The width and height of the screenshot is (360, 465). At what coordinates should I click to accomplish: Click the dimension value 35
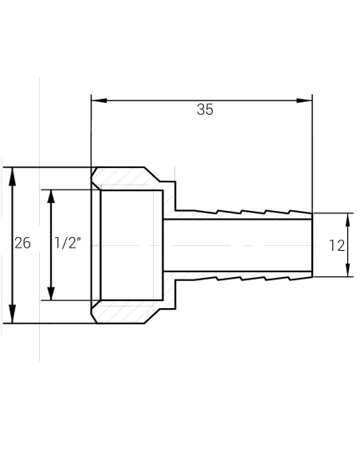pyautogui.click(x=205, y=111)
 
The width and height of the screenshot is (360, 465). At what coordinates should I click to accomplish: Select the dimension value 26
pyautogui.click(x=22, y=244)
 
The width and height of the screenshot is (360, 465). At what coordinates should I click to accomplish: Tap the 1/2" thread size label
pyautogui.click(x=68, y=244)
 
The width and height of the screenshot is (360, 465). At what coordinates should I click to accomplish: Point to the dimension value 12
pyautogui.click(x=337, y=245)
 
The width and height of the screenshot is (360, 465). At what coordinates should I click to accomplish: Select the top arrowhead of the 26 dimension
pyautogui.click(x=12, y=174)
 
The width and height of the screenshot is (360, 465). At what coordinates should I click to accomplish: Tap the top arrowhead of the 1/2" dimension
pyautogui.click(x=51, y=196)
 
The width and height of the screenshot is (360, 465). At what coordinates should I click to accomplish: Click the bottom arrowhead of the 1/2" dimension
pyautogui.click(x=51, y=295)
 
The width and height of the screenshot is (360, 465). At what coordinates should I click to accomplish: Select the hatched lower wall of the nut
pyautogui.click(x=127, y=312)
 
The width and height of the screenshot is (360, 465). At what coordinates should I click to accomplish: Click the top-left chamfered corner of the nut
pyautogui.click(x=95, y=173)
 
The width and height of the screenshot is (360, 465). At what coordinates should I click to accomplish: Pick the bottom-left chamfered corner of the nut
pyautogui.click(x=95, y=318)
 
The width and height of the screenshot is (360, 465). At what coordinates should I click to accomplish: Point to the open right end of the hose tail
pyautogui.click(x=311, y=245)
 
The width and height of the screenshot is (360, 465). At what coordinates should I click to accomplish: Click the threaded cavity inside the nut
pyautogui.click(x=131, y=245)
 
